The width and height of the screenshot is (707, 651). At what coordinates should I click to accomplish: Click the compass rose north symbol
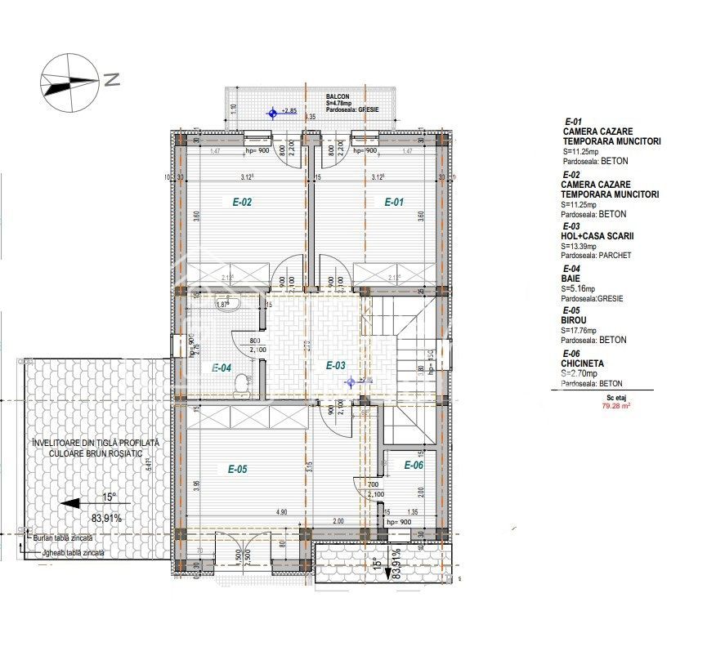(x=69, y=80)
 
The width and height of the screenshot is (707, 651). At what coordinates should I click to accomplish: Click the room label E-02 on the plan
(x=242, y=203)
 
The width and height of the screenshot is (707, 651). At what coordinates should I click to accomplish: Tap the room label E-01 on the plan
(x=395, y=203)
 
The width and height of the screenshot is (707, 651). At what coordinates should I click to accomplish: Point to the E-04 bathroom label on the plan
(x=221, y=368)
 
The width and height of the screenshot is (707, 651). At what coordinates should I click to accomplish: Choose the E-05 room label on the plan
(x=237, y=469)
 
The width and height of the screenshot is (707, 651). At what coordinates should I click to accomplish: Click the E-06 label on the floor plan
(x=413, y=465)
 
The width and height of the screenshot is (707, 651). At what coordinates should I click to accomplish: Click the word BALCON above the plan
(x=337, y=96)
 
